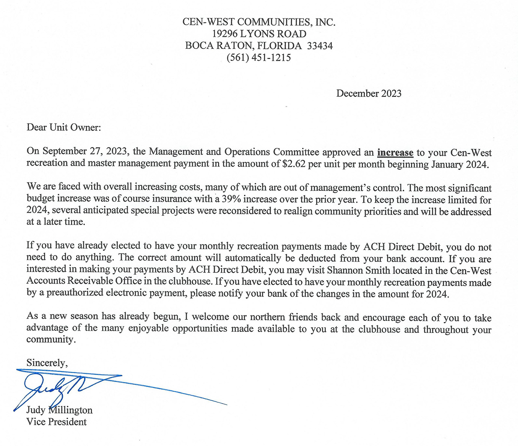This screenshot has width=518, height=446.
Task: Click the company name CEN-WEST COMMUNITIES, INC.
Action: (259, 22)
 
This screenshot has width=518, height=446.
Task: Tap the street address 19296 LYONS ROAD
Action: (259, 34)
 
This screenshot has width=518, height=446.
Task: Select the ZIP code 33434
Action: (320, 46)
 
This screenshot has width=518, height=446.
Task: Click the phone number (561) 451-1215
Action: (259, 58)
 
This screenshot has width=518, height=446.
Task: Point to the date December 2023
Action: (369, 94)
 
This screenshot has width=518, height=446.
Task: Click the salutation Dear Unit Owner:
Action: (64, 127)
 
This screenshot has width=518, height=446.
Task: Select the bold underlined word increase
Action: (395, 153)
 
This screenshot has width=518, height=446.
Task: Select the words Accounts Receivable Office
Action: (84, 281)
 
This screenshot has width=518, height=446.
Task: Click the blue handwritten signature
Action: (60, 387)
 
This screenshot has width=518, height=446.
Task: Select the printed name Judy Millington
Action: (59, 410)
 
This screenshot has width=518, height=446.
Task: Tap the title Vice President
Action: (56, 422)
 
